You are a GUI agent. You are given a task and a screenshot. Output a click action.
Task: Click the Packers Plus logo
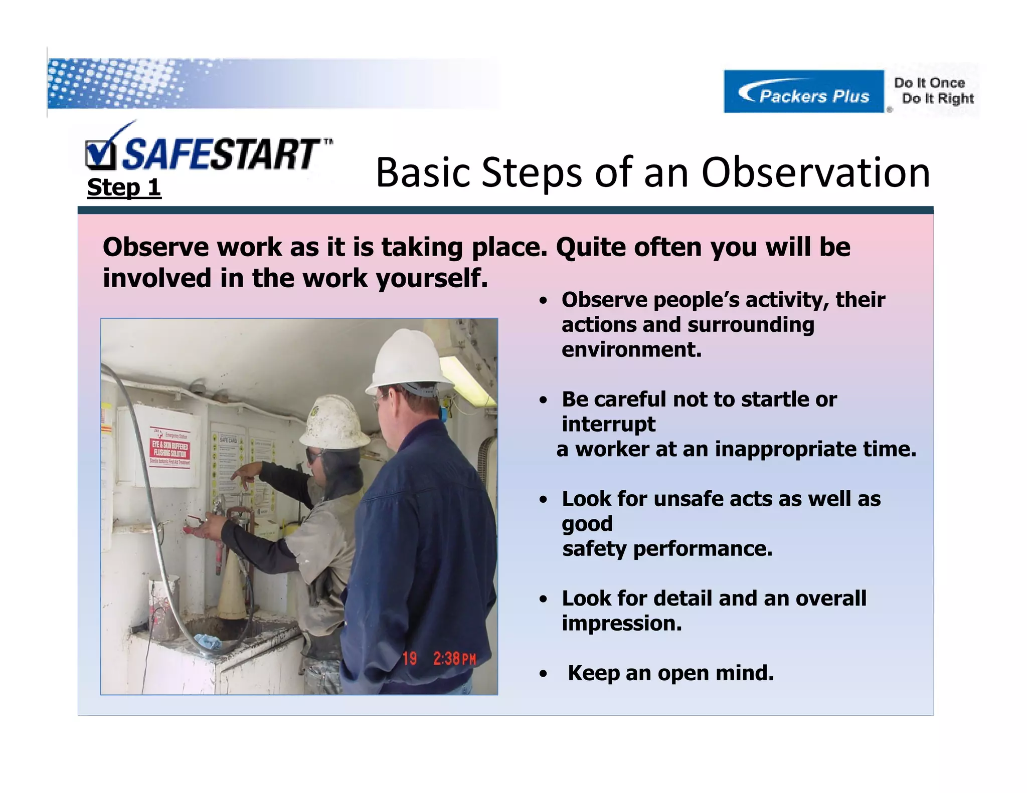click(x=803, y=92)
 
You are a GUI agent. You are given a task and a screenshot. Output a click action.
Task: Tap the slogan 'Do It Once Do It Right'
click(x=934, y=91)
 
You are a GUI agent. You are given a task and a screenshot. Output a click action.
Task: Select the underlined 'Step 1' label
click(x=124, y=187)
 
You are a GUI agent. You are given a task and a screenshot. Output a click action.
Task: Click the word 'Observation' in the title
click(x=815, y=173)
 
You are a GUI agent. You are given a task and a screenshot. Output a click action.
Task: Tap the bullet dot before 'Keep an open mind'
click(x=543, y=675)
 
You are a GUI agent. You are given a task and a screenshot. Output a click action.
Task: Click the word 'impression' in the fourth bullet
click(x=621, y=624)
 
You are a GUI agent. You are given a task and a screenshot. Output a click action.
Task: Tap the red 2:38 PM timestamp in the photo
click(x=454, y=658)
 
